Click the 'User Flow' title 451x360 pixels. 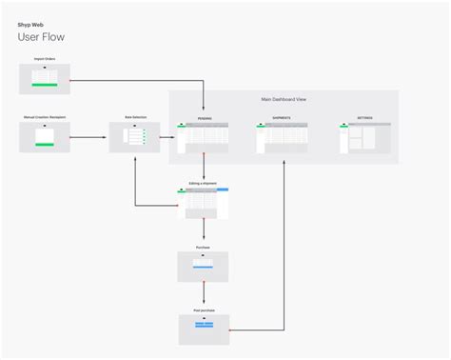41,37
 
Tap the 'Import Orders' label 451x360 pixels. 44,59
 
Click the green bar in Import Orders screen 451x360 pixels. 45,85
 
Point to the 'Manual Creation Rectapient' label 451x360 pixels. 44,117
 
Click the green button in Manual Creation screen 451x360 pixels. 44,145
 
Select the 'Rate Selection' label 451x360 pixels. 134,117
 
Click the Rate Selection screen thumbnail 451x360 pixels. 134,137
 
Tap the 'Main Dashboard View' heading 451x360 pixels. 283,99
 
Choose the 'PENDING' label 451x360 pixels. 205,119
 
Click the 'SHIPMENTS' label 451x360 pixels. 281,119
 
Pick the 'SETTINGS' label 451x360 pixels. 365,119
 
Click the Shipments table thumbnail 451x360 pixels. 282,138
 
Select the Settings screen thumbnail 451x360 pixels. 364,138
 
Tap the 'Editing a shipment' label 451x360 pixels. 203,183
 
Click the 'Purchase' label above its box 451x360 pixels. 203,247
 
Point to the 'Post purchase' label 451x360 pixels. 204,310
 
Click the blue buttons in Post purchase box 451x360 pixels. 204,326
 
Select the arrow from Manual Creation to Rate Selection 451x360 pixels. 88,138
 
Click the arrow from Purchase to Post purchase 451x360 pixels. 204,295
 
